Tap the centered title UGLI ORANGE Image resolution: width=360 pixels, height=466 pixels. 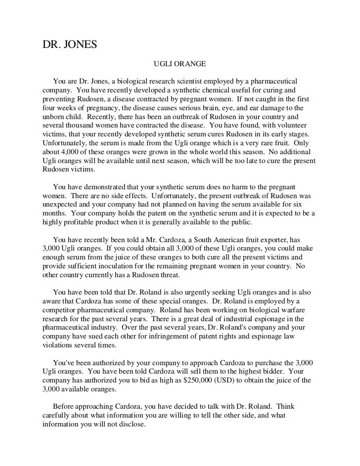[x=180, y=65]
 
